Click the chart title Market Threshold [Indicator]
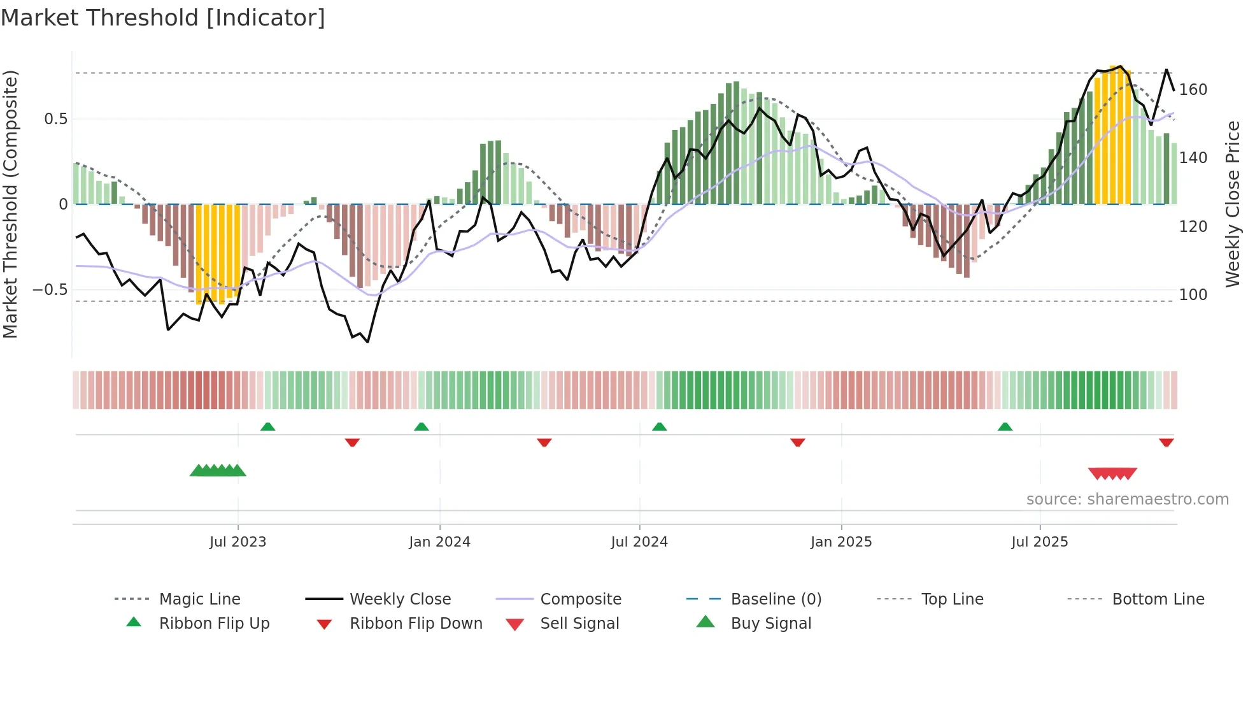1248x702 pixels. [163, 18]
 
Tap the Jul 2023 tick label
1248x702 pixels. [238, 542]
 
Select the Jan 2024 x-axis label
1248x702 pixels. [439, 542]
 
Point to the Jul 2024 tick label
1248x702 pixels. [639, 542]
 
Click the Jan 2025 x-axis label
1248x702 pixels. [841, 542]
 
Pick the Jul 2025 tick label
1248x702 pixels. [1040, 542]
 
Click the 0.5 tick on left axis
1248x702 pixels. [56, 119]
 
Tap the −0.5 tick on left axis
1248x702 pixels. [50, 290]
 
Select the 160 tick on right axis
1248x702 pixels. [1193, 90]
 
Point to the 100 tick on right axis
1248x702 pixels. [1193, 295]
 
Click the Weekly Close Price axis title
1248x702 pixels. [1233, 204]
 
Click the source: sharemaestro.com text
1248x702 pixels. [1127, 499]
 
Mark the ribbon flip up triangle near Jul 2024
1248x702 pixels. [660, 427]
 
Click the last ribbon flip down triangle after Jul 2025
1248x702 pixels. [1166, 442]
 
